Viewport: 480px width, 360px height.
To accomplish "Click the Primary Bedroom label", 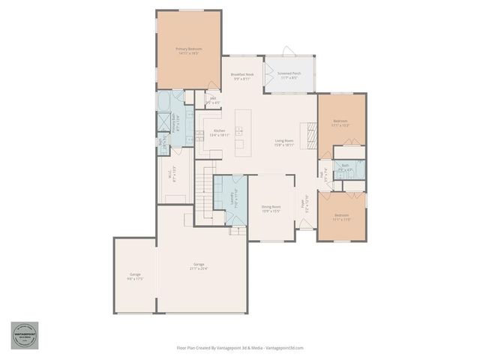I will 190,51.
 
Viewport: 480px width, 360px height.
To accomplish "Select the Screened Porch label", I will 289,76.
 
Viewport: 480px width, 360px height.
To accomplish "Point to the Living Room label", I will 283,142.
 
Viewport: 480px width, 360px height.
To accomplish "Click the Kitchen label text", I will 199,133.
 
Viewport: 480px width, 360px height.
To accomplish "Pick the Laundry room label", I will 232,199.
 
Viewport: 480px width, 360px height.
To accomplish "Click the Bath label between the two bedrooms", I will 345,168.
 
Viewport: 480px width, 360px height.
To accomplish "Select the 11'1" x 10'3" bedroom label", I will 340,123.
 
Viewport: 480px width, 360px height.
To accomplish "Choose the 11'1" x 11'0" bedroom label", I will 341,217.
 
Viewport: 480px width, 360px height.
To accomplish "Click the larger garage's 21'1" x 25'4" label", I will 199,266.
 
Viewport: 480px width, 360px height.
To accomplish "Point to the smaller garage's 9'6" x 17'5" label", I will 135,276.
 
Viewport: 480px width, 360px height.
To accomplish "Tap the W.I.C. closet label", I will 174,175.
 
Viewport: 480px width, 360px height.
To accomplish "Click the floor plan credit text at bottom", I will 240,348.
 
